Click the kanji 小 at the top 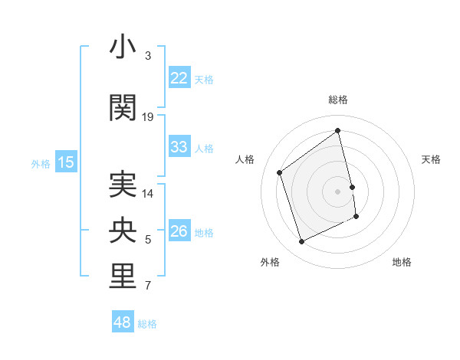pos(123,47)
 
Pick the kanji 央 pos(123,231)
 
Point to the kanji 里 pos(123,277)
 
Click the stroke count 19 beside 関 pos(148,117)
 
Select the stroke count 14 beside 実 pos(148,193)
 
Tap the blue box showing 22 pos(179,78)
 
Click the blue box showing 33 pos(179,147)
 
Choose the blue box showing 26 pos(179,231)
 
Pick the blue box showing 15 pos(65,162)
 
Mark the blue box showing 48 pos(122,322)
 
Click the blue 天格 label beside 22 pos(204,79)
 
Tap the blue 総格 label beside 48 pos(147,324)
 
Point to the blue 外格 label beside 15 pos(40,163)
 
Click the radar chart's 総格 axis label pos(338,100)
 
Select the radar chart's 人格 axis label pos(245,159)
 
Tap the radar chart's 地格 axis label pos(402,262)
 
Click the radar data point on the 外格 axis pos(301,242)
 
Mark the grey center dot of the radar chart pos(338,191)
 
